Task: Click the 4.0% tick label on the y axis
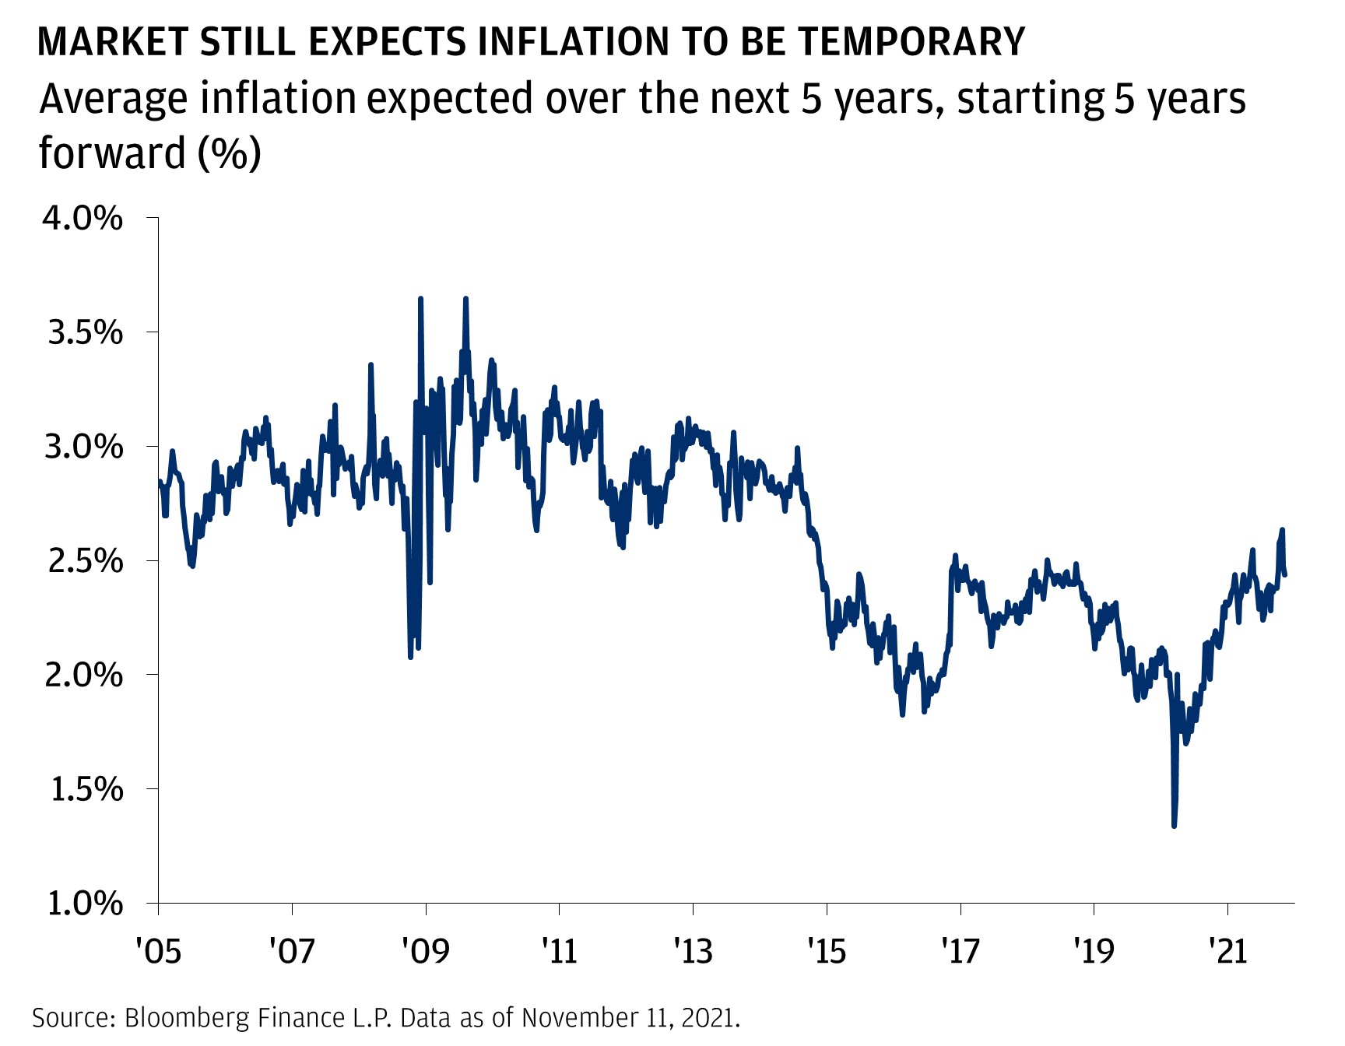(83, 219)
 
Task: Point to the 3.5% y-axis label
(84, 333)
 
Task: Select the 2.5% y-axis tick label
(84, 561)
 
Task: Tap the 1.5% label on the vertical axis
(86, 789)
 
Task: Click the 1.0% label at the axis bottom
(84, 904)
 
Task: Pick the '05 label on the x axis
(158, 950)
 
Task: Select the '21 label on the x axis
(1227, 950)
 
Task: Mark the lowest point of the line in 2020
(1174, 826)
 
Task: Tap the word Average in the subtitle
(114, 100)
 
